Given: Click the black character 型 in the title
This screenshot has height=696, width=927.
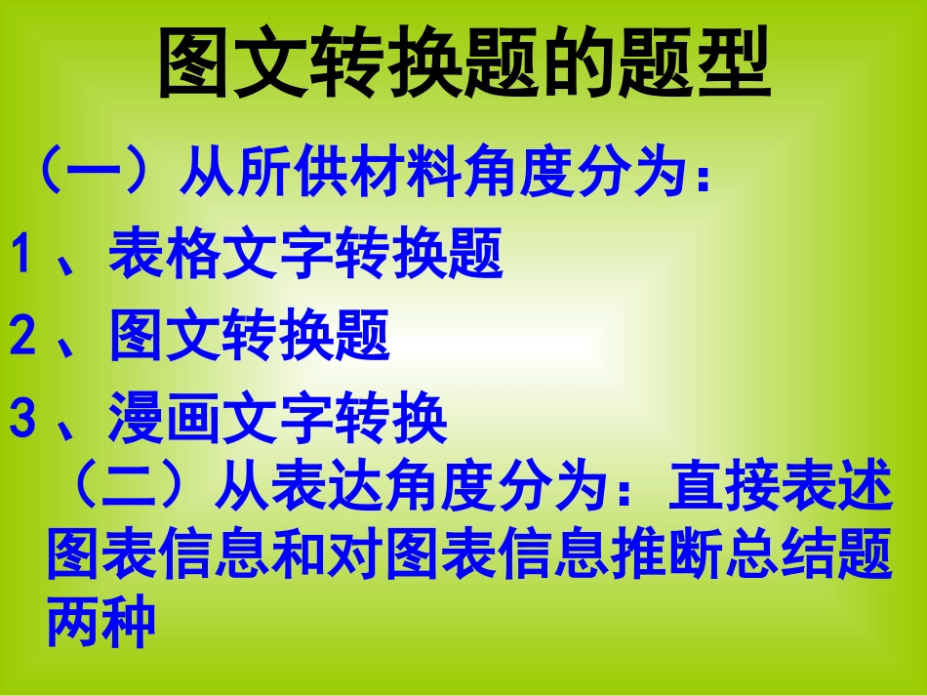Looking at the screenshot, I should coord(732,63).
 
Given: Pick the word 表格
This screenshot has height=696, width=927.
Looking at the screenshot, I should coord(164,256).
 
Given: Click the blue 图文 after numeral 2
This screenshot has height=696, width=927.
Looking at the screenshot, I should coord(164,337).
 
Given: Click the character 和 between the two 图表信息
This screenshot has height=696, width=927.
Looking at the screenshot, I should coord(298,554).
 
